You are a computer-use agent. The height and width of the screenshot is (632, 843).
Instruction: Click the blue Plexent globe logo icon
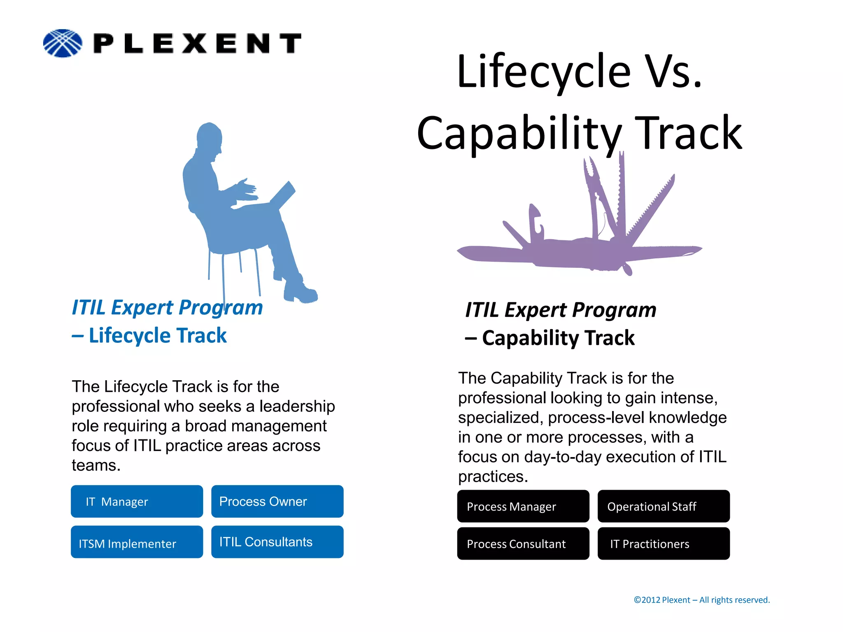63,43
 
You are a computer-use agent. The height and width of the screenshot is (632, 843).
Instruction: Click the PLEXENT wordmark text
198,44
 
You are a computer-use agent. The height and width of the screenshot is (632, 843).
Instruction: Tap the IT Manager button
137,502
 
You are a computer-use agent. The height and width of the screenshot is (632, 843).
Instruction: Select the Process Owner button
277,502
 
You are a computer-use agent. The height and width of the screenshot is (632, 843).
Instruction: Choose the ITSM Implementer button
137,542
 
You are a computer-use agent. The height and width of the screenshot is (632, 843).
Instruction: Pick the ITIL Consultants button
277,542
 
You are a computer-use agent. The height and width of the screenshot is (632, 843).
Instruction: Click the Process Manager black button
523,507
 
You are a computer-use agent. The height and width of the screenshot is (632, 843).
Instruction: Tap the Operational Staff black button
663,507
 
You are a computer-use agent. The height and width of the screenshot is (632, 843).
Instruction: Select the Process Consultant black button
523,544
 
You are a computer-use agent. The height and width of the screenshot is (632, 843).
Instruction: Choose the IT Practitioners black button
663,544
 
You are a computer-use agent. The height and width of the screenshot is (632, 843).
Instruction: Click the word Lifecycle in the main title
543,72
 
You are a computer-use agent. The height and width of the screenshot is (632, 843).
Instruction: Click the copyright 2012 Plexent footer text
701,600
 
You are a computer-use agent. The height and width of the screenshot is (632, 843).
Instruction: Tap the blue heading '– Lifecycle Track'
149,335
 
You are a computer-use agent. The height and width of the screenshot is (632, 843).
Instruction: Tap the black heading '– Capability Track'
550,338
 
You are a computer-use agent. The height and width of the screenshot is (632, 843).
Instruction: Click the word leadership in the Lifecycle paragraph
297,406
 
